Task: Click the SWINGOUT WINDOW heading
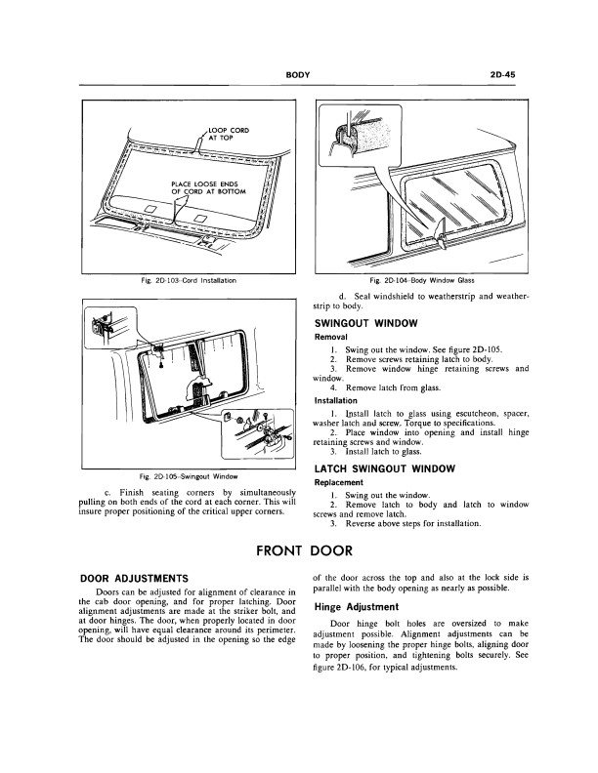pyautogui.click(x=366, y=322)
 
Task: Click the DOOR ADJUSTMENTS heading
pyautogui.click(x=132, y=580)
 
